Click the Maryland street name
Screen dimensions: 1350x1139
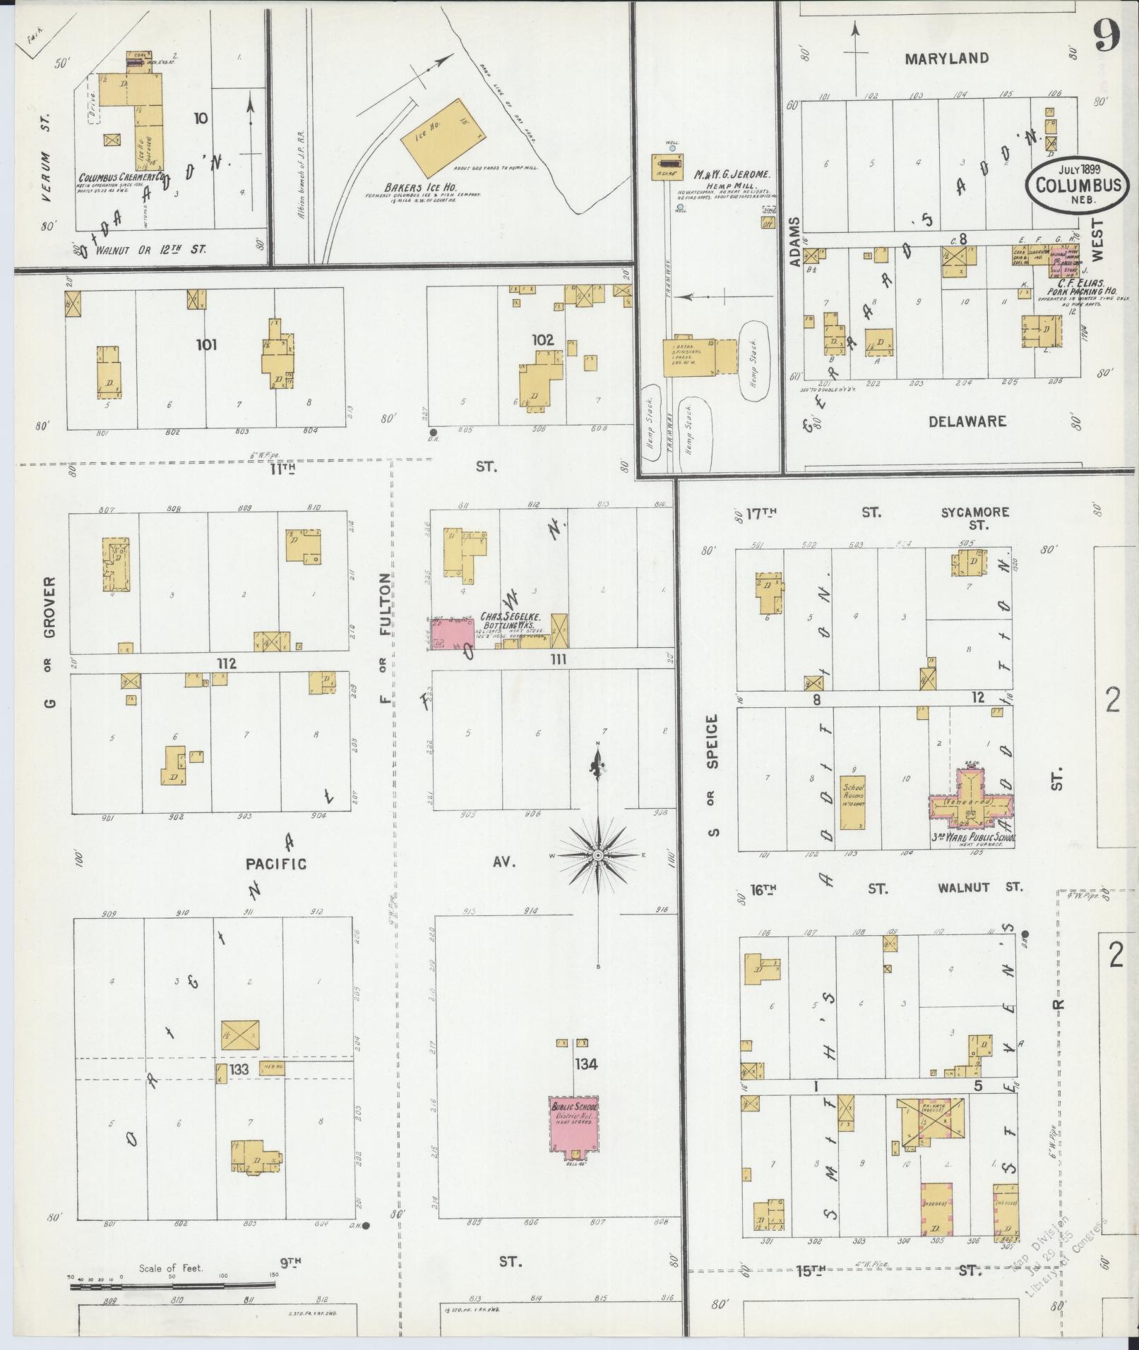[946, 59]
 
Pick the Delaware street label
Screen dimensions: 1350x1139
[967, 422]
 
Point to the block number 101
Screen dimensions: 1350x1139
[207, 345]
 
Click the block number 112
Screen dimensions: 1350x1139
[226, 663]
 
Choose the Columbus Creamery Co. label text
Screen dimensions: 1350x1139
[121, 179]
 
